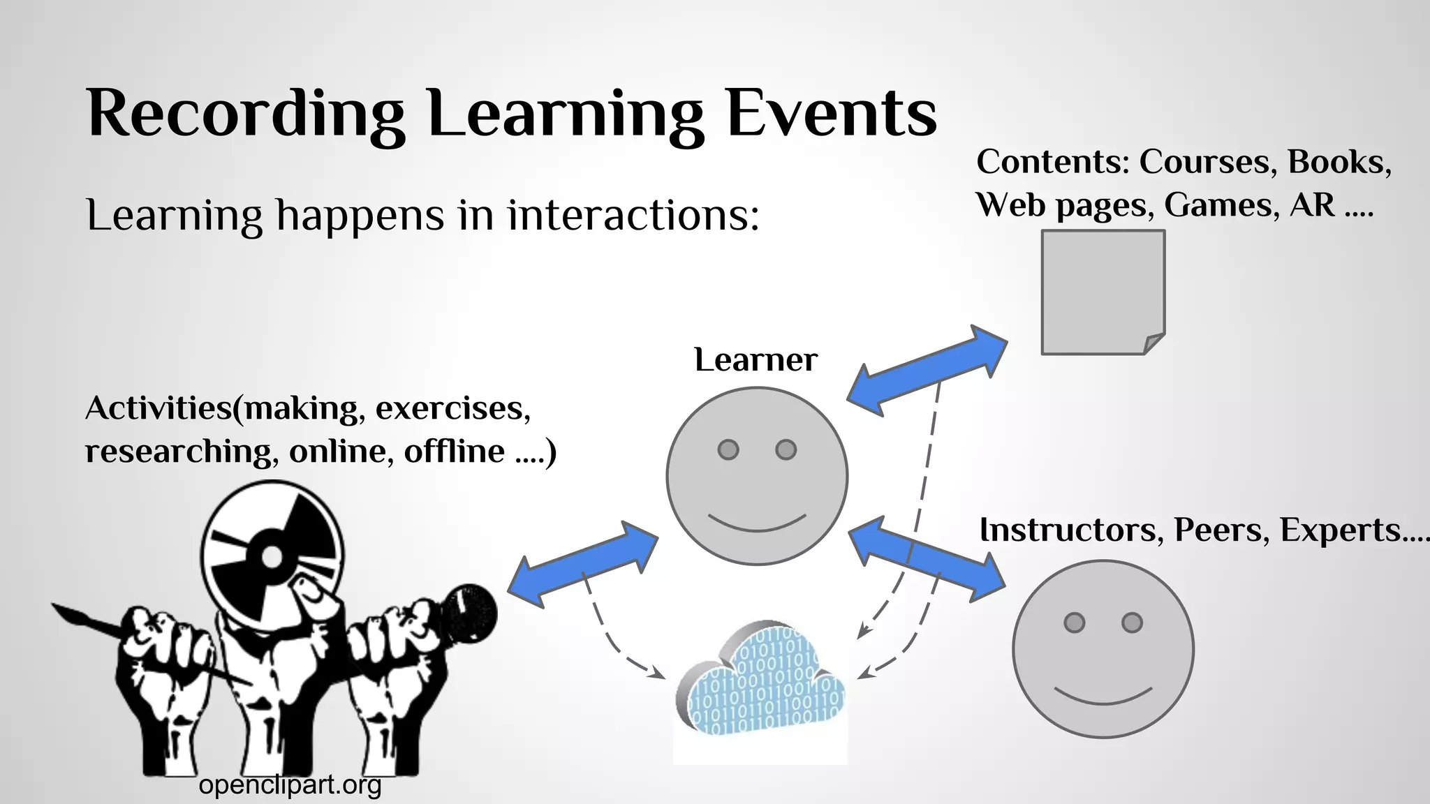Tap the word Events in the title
pyautogui.click(x=831, y=114)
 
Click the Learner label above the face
pyautogui.click(x=755, y=360)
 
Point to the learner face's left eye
pyautogui.click(x=728, y=449)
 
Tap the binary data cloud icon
pyautogui.click(x=761, y=680)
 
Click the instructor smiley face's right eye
pyautogui.click(x=1132, y=622)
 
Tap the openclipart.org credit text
pyautogui.click(x=290, y=785)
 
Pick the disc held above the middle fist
pyautogui.click(x=272, y=555)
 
